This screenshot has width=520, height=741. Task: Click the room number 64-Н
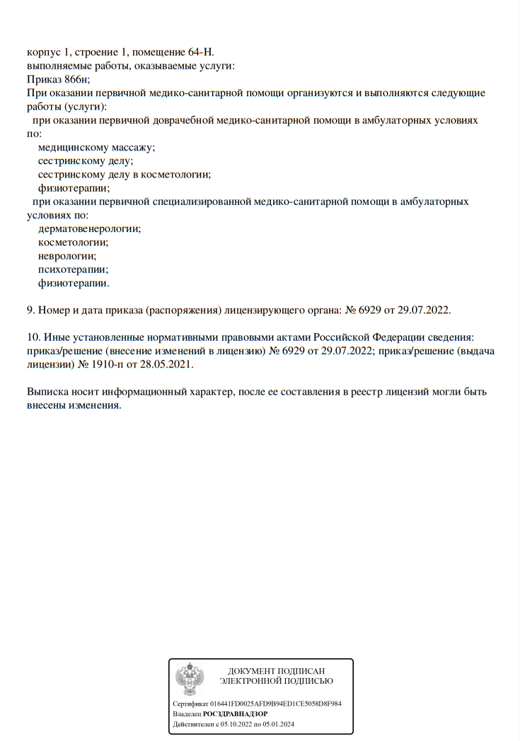[x=199, y=52]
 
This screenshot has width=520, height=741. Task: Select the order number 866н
[x=75, y=79]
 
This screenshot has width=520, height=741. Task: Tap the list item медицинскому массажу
[x=96, y=147]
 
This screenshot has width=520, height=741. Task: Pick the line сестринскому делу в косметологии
[x=125, y=174]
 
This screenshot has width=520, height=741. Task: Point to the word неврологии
[x=67, y=256]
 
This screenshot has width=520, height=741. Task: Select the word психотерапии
[x=73, y=269]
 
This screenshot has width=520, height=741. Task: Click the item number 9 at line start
[x=30, y=310]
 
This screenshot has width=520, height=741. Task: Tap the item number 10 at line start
[x=33, y=337]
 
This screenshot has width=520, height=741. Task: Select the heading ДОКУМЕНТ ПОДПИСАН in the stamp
[x=277, y=670]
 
